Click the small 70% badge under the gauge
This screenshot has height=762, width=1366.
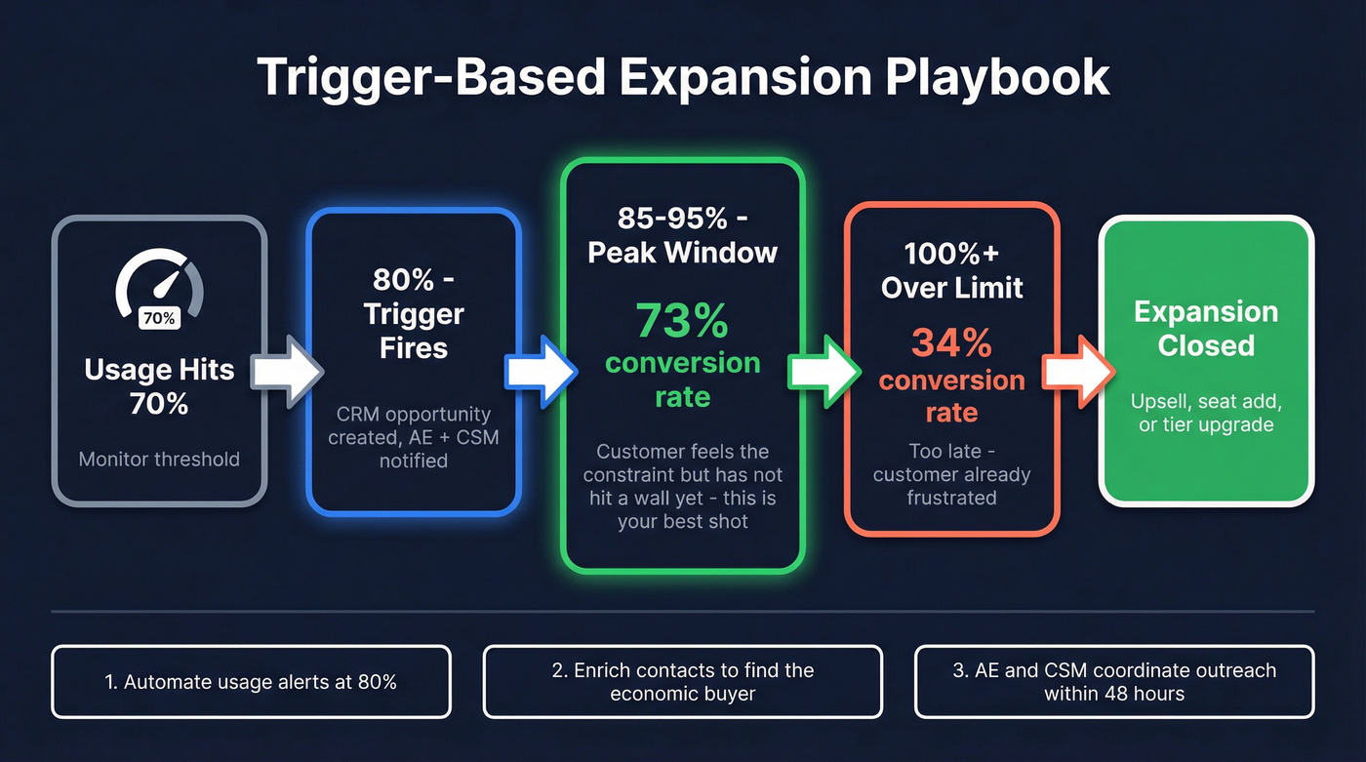159,318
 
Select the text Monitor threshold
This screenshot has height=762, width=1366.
159,459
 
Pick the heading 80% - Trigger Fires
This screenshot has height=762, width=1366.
414,314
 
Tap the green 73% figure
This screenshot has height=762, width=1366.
682,319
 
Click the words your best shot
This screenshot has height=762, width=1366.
682,521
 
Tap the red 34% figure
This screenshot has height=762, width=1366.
951,342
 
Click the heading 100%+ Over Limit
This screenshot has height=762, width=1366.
951,270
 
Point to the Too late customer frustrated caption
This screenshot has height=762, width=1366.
951,474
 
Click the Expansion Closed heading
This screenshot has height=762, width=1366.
1206,329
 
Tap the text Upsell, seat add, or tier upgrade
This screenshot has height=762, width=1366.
1206,413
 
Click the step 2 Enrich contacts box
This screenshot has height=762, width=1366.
682,682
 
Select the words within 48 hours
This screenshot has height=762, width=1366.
1114,695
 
